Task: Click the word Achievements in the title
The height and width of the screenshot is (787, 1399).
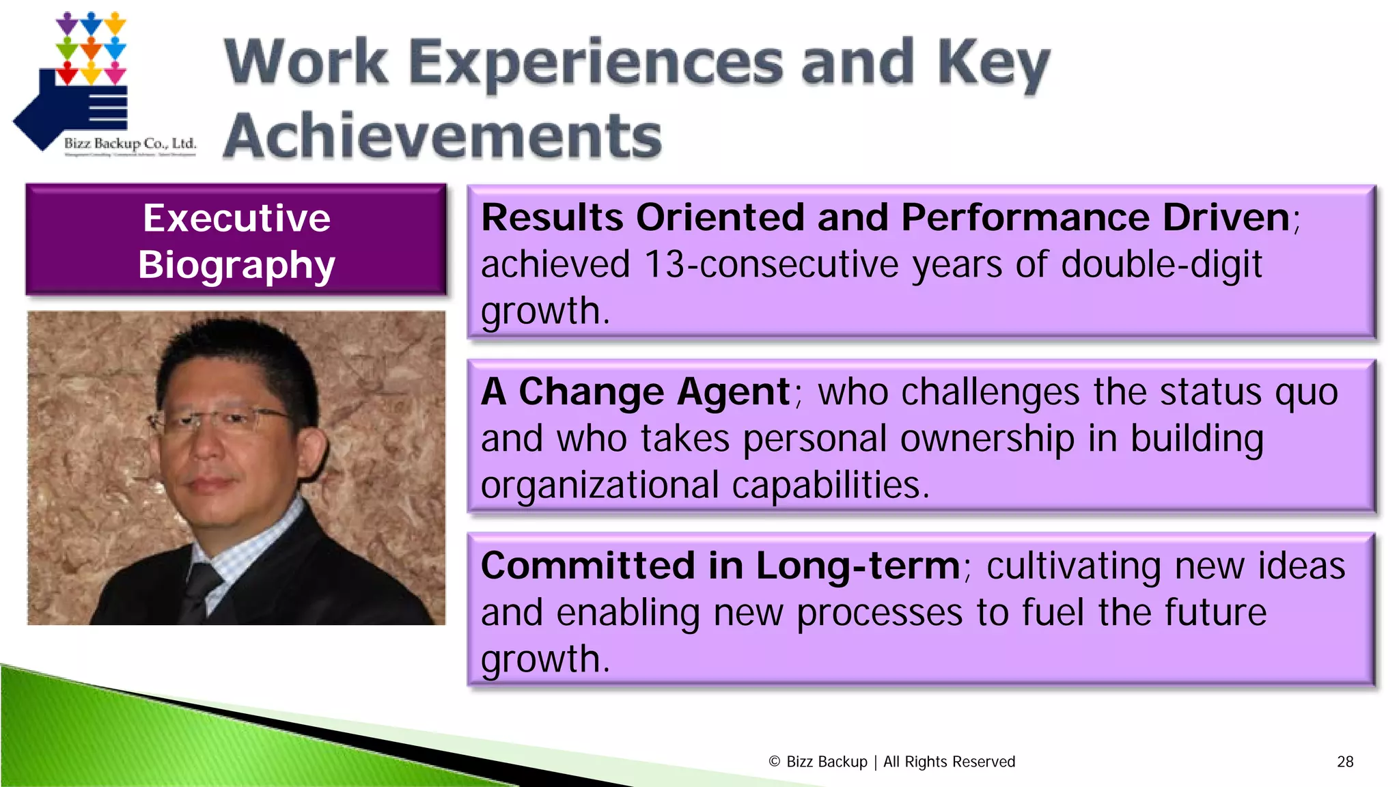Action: click(443, 135)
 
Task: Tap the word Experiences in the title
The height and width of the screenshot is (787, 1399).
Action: click(596, 63)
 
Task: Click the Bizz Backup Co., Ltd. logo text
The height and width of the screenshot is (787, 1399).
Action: click(130, 143)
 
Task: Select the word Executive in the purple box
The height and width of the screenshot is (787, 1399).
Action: click(236, 219)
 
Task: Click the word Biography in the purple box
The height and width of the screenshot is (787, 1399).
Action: click(236, 265)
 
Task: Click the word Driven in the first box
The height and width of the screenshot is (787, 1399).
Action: click(1225, 218)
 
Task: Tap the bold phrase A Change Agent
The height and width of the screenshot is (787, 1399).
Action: click(635, 392)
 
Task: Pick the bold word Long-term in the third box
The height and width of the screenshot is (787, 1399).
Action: click(858, 566)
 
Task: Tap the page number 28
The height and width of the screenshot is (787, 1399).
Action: click(1345, 762)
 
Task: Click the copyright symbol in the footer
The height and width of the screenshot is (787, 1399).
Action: click(774, 762)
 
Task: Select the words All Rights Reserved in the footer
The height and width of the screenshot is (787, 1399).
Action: click(949, 762)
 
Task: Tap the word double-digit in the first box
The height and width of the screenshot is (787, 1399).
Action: click(1161, 264)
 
